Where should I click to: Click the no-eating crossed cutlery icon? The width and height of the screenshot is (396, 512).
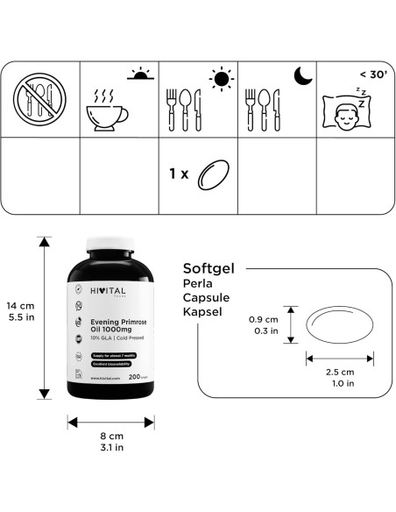coord(40,99)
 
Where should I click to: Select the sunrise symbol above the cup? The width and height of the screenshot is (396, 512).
coord(139,74)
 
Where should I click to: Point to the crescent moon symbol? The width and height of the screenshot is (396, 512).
coord(302,77)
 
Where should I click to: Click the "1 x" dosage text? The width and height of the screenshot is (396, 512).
coord(179,175)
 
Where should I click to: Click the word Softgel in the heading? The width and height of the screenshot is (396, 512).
coord(213,268)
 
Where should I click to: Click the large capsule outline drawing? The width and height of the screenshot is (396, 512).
coord(339,326)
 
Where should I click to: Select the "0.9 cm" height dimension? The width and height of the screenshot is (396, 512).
coord(264,319)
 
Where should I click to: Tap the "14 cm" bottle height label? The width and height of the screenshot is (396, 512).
coord(20,305)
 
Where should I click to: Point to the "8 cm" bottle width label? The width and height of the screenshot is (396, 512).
coord(111,434)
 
